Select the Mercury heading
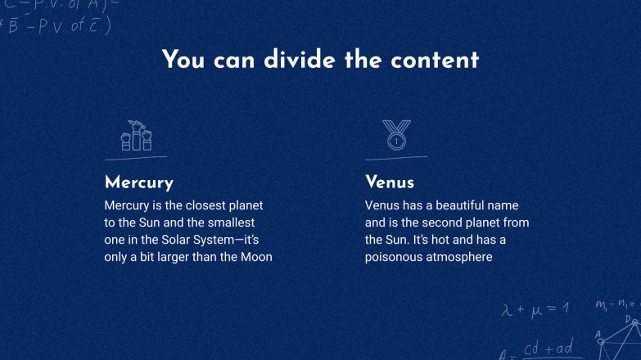tap(139, 182)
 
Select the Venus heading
tap(390, 182)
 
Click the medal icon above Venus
tap(397, 135)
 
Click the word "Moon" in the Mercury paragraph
tap(255, 257)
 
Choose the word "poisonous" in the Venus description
tap(394, 257)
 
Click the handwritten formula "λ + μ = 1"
tap(535, 308)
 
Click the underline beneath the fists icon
tap(136, 156)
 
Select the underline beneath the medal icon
tap(396, 156)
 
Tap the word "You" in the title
tap(183, 60)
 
